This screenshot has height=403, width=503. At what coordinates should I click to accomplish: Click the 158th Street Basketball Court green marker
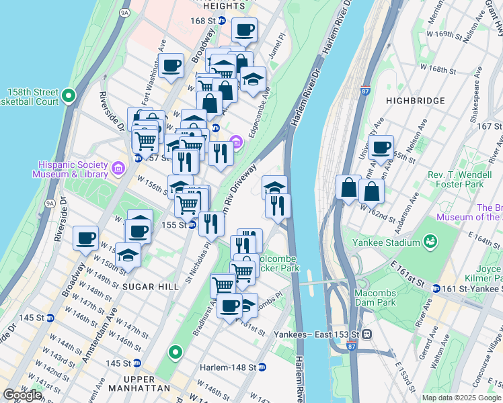coord(69,97)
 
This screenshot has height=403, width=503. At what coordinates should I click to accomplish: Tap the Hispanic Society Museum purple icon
coord(118,167)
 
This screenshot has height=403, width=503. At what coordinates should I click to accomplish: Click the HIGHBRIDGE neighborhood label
coord(416,101)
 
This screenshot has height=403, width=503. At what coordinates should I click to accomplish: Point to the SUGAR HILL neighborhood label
coord(151,286)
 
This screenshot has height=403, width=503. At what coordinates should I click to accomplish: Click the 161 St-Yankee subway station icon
coord(436,289)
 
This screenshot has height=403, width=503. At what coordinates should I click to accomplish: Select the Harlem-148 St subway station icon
coord(262,367)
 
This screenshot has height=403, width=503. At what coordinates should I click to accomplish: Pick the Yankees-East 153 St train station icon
coord(367,334)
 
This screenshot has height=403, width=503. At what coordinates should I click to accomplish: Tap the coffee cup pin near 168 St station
coord(244,30)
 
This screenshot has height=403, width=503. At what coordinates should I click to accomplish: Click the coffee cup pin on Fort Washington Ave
coord(171,66)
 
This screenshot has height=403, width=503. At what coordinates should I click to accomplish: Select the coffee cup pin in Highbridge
coord(381,147)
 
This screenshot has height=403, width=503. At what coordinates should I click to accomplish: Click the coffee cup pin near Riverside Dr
coord(86,238)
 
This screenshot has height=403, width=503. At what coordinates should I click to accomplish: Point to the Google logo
coord(22,395)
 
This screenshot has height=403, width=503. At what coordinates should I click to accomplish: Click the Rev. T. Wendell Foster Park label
coord(465,179)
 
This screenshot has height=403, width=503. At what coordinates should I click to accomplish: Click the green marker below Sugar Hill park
coord(175,351)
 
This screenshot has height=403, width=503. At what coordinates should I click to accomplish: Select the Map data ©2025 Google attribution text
coord(461,398)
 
